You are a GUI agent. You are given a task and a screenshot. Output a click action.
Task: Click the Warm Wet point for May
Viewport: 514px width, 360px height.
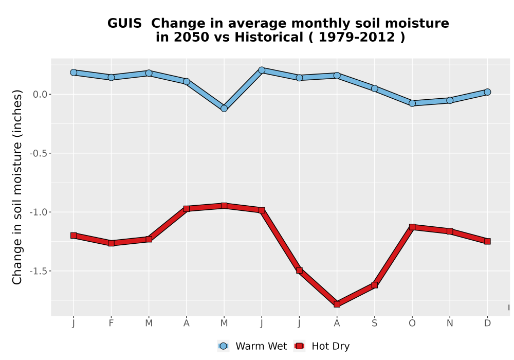coord(224,108)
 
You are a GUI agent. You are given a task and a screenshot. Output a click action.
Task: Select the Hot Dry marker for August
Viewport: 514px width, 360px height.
coord(337,304)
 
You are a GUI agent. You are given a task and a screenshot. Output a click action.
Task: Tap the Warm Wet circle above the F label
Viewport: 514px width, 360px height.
coord(111,77)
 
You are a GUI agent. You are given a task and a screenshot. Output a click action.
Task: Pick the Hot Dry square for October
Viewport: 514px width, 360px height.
coord(412,227)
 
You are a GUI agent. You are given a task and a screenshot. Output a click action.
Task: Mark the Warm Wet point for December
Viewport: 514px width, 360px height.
coord(487,92)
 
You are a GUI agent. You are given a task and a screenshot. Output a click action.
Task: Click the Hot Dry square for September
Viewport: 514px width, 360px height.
coord(374,285)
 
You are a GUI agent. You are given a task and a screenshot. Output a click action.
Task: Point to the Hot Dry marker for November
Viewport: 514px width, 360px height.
coord(450,231)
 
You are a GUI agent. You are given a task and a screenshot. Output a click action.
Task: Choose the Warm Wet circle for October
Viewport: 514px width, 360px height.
coord(412,103)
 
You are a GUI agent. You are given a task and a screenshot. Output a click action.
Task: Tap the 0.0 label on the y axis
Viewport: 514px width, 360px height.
coord(40,95)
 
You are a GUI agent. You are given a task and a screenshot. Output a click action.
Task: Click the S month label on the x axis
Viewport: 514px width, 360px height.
coord(374,323)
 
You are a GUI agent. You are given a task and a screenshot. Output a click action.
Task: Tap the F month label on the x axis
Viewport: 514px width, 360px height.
coord(111,323)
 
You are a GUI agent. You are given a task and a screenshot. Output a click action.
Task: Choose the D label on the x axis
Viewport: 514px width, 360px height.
coord(487,323)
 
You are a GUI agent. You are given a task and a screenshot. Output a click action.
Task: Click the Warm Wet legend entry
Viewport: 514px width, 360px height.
coord(252,346)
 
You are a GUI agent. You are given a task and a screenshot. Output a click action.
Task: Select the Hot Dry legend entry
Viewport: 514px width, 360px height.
coord(322,346)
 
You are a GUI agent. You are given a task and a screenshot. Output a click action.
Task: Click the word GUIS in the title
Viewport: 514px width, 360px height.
coord(124,23)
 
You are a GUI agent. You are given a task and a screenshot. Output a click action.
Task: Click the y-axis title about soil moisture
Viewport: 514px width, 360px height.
coord(17,187)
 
